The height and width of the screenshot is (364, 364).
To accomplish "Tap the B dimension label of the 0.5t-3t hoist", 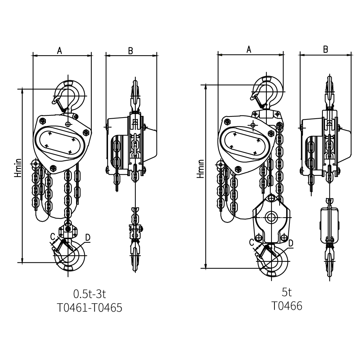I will click(x=130, y=51).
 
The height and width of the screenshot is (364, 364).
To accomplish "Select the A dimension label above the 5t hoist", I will click(x=249, y=50).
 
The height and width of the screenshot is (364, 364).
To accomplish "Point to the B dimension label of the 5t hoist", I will click(x=326, y=50).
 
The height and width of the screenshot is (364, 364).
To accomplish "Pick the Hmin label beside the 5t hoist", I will click(x=200, y=169).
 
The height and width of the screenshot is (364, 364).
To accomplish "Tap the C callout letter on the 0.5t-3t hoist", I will click(x=53, y=236).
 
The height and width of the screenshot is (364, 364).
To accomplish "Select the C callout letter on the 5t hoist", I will click(x=252, y=241).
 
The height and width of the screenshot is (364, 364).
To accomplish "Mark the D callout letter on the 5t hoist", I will click(x=291, y=243).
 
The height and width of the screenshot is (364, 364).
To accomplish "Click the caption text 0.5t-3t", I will click(x=90, y=293).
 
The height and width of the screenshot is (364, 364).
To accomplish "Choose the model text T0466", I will click(x=287, y=306).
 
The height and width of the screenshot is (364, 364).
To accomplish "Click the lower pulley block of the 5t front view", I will click(x=271, y=218).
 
